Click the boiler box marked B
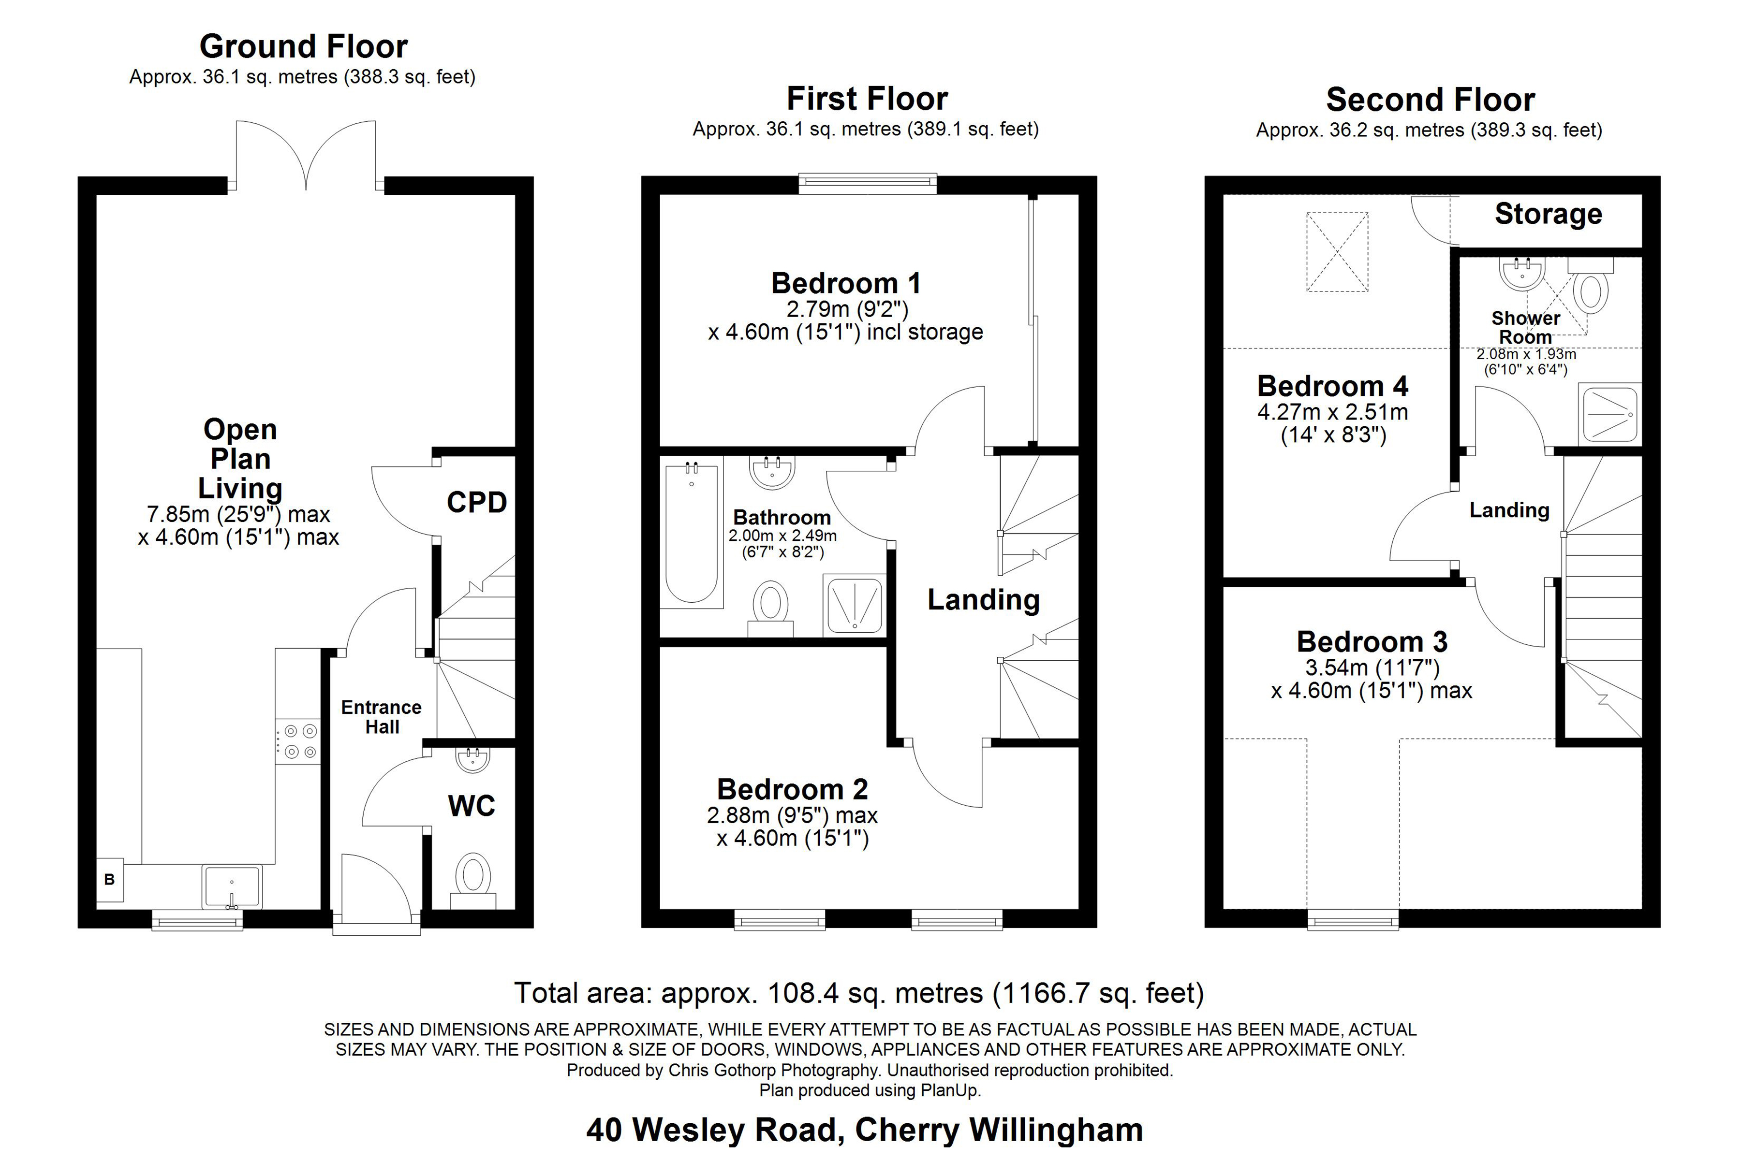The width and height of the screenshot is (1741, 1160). point(110,880)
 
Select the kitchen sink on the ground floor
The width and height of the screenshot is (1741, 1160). point(232,887)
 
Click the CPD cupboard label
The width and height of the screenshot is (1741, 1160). point(477,503)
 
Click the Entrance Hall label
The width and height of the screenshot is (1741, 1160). point(381,717)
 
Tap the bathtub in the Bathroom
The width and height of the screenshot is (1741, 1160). point(692,534)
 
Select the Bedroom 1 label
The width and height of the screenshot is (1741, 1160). point(846,283)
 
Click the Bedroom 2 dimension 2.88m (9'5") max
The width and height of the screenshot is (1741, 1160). point(791,815)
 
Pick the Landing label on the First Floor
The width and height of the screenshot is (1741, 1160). point(983,600)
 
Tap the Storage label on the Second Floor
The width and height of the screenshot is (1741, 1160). point(1548,214)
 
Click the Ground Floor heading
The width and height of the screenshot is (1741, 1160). point(304,46)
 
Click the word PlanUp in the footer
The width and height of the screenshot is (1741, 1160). point(950,1090)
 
